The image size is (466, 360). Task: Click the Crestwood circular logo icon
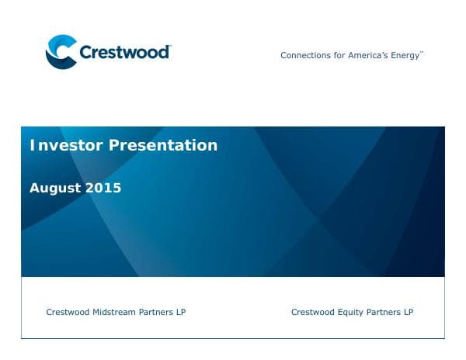(61, 51)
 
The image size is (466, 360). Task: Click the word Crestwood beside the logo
(124, 52)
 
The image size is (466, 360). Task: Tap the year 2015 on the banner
(104, 188)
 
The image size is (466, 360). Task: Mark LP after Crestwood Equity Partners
(407, 313)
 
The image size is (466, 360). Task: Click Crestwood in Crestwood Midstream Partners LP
(68, 313)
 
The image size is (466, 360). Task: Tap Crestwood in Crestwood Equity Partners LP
(313, 313)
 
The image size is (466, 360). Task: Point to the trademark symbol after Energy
(422, 53)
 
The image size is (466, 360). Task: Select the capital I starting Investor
(32, 145)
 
